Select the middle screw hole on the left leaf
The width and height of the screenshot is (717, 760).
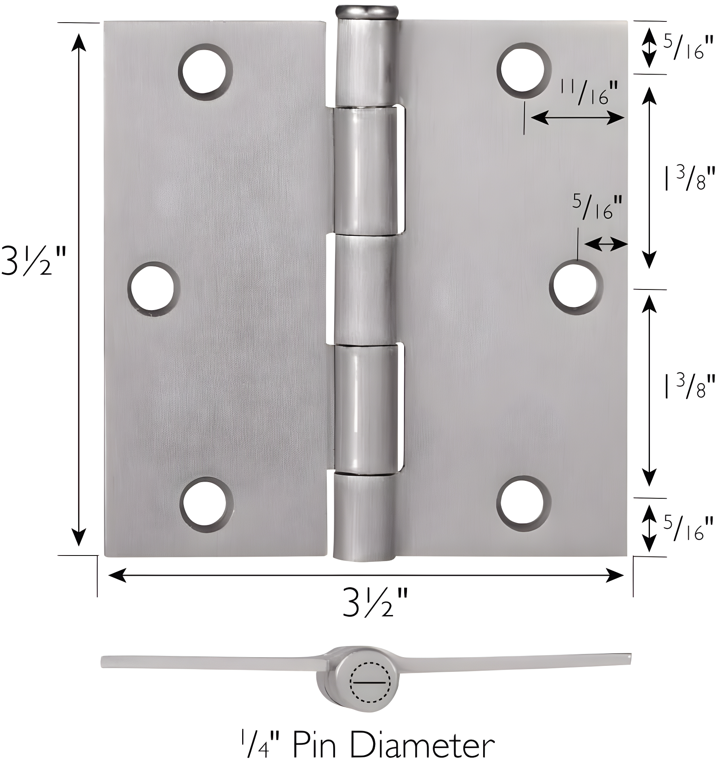point(153,288)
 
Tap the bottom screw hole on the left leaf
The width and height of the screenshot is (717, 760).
point(206,505)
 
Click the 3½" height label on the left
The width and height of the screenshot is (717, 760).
point(33,260)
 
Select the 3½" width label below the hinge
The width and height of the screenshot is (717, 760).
point(375,603)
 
